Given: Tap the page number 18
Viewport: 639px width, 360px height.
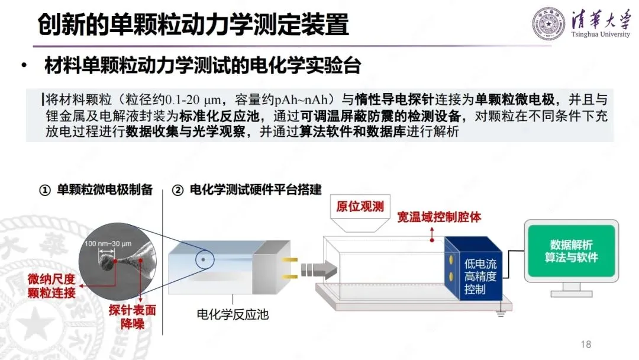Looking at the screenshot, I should (x=586, y=345).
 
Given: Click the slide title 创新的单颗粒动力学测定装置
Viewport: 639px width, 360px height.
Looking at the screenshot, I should (x=193, y=25).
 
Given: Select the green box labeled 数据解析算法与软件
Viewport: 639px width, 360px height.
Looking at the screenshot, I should (x=571, y=250).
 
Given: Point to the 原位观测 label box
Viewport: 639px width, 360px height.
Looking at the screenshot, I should (x=360, y=207).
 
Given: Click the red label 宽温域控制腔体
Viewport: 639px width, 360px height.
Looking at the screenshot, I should (x=439, y=217).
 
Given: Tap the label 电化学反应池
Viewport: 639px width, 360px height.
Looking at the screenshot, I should (x=233, y=314).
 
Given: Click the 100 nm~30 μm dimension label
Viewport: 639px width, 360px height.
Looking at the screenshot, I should (x=107, y=244).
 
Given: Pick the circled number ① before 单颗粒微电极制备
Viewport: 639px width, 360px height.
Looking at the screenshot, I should (x=44, y=190).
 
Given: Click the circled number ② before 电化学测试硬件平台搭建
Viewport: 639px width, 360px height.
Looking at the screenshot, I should (x=177, y=190).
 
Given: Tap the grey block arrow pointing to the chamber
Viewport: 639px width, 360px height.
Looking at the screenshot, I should (x=313, y=269).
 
